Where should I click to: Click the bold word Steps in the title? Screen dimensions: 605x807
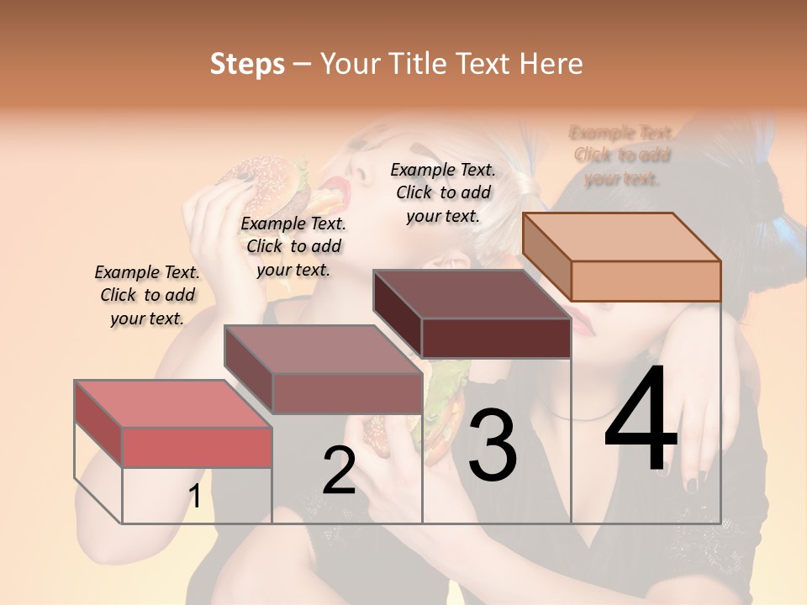tap(247, 64)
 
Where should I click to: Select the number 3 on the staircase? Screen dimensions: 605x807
tap(492, 446)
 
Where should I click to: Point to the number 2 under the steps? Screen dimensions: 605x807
tap(339, 471)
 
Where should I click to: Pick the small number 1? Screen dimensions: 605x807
tap(194, 497)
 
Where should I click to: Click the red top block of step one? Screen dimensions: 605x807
tap(173, 424)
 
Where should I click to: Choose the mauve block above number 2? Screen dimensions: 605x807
tap(323, 370)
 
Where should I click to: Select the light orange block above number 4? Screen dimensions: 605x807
tap(621, 256)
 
